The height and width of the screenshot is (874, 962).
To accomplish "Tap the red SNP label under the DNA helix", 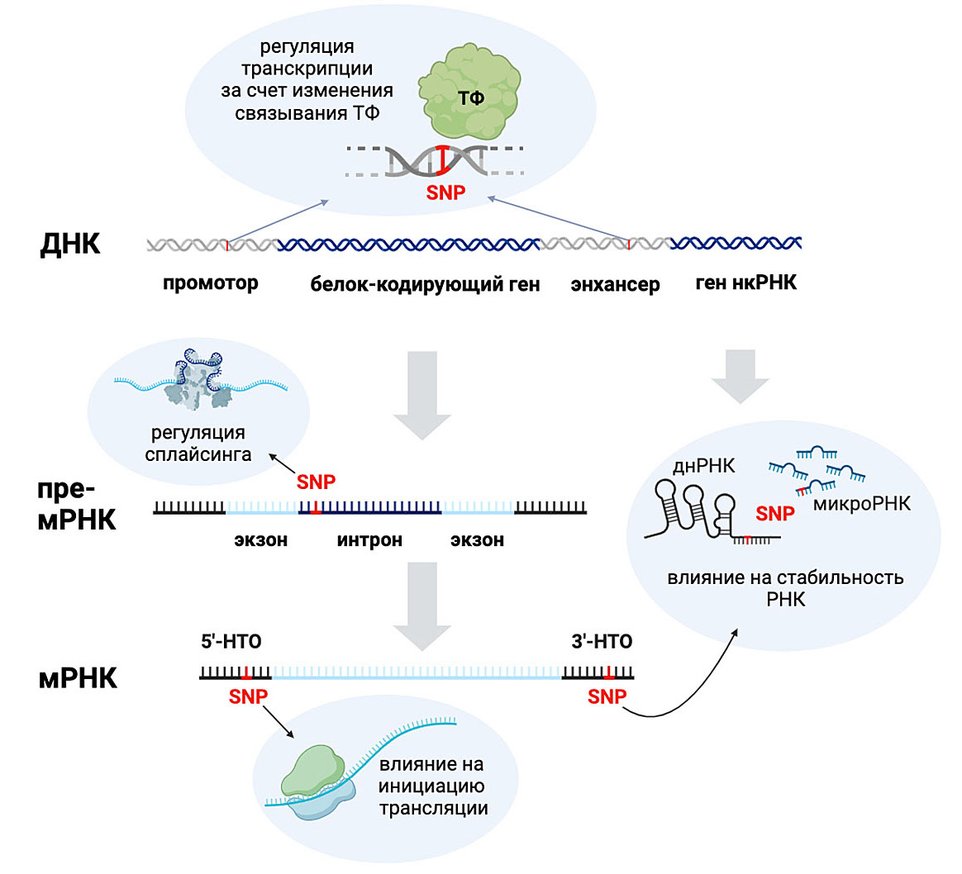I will [x=445, y=193].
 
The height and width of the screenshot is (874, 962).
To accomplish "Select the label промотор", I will [x=210, y=283].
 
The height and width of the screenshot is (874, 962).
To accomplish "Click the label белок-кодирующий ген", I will [x=425, y=285].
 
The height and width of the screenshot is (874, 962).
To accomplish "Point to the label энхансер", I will [x=615, y=285].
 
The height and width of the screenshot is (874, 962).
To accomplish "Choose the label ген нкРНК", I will [x=745, y=283].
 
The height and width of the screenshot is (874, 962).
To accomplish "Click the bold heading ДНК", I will [x=70, y=245].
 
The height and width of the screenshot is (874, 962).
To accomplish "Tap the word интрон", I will [x=369, y=540].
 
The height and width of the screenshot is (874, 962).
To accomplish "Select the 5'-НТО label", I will [x=231, y=642].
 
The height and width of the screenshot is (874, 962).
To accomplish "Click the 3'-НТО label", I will [x=602, y=642].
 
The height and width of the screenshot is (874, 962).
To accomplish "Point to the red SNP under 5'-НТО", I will [x=248, y=697].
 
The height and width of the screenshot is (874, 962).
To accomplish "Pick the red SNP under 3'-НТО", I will [x=607, y=697].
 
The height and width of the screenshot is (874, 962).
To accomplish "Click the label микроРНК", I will [x=861, y=503].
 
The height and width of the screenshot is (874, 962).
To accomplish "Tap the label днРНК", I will [x=703, y=466].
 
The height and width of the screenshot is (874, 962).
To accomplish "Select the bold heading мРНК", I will [x=78, y=678].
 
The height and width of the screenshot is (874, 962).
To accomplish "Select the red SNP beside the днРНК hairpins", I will [x=774, y=514].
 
